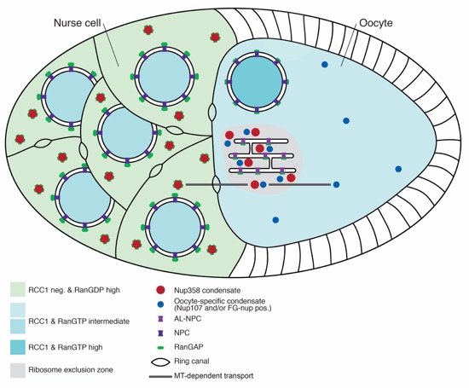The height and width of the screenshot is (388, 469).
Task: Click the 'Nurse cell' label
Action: (77, 23)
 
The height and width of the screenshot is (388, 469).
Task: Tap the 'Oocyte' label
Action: (376, 23)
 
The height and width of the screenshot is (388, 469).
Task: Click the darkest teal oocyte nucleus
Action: (257, 81)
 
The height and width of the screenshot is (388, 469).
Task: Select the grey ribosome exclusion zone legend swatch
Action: (18, 370)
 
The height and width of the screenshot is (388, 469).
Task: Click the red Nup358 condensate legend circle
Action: (160, 290)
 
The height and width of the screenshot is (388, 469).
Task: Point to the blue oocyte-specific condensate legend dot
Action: (161, 304)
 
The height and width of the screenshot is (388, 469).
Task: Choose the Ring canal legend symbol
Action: (160, 362)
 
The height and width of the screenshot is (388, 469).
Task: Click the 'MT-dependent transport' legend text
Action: (213, 376)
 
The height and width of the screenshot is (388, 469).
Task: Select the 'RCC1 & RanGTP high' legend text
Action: (66, 347)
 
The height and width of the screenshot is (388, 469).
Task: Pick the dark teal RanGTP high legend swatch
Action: (18, 347)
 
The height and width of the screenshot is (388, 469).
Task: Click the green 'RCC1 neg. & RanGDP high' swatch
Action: (18, 289)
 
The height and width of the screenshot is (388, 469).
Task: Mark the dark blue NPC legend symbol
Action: (160, 333)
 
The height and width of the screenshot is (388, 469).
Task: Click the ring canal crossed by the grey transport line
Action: (217, 184)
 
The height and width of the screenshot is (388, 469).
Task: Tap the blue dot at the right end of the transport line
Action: (336, 184)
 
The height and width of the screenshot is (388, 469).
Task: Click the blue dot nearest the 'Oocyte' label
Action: (325, 64)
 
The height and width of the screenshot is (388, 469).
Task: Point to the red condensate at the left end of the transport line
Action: (178, 184)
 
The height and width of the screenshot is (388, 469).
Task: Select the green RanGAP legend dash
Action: (161, 347)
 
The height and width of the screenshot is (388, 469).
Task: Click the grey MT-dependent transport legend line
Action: (160, 376)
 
